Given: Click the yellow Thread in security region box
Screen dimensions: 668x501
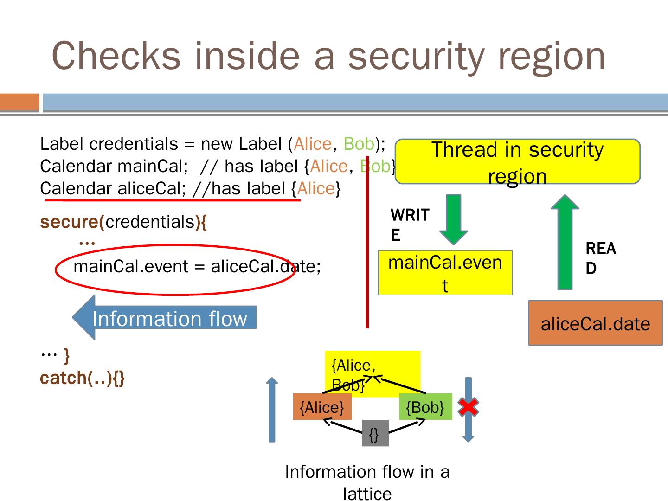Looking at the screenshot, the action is (x=517, y=161).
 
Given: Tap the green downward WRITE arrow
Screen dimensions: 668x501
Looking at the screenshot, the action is (x=453, y=219).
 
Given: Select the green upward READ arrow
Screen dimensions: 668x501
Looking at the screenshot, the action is (x=565, y=242).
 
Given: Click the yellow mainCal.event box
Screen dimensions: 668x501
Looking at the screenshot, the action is (x=445, y=273).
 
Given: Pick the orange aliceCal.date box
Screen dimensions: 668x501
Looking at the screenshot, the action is (x=595, y=323).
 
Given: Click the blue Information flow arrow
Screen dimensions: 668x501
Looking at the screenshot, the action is (x=164, y=317).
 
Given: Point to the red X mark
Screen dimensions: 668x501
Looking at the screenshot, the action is (x=469, y=407).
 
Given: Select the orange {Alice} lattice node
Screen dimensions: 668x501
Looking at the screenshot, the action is (x=322, y=407).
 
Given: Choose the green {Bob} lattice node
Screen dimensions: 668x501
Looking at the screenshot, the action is (x=425, y=407).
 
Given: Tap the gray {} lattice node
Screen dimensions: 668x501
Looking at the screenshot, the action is (x=375, y=433).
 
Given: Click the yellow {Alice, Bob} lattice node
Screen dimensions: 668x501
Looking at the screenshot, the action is (x=373, y=374).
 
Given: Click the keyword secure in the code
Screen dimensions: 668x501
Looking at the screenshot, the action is (x=69, y=222).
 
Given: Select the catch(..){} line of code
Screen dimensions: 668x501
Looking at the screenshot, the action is (x=82, y=378).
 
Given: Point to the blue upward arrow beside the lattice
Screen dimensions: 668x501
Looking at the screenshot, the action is (x=272, y=410).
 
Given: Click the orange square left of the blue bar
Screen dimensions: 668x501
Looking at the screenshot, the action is (x=19, y=102).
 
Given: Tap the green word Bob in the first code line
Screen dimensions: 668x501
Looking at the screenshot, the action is (x=359, y=144).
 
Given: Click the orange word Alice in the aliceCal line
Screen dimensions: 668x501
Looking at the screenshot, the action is (x=316, y=189).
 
